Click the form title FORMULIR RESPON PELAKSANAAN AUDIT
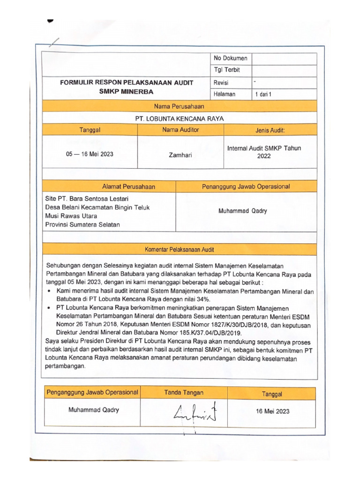[126, 82]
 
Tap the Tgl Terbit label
[226, 70]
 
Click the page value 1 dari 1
[263, 94]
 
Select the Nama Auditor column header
[180, 129]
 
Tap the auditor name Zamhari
[180, 154]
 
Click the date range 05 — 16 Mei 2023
[90, 153]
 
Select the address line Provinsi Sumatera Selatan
[82, 225]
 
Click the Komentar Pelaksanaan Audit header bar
[180, 249]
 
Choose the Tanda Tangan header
[184, 392]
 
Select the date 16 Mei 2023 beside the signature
[272, 412]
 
